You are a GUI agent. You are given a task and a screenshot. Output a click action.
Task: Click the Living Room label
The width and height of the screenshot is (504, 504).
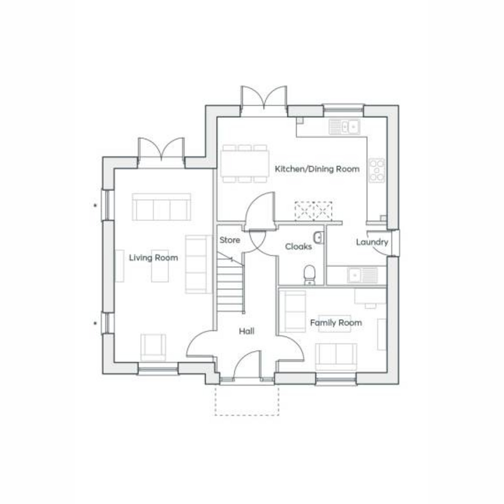click(154, 258)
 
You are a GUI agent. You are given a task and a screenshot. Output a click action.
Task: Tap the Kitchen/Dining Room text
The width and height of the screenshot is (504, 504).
click(317, 169)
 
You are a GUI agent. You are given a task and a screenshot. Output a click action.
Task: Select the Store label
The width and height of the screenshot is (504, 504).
click(230, 240)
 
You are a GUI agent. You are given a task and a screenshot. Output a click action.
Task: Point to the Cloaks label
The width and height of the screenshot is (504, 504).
click(299, 247)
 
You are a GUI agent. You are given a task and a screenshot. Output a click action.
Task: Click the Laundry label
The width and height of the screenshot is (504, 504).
click(372, 242)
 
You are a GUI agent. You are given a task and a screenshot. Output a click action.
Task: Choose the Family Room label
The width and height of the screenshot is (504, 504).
click(336, 323)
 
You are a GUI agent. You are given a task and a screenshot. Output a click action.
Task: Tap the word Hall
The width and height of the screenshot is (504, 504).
click(247, 331)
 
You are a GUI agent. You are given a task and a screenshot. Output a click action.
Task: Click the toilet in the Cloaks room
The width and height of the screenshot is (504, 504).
click(310, 275)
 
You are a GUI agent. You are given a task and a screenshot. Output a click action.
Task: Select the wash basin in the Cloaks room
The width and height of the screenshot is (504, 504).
click(318, 238)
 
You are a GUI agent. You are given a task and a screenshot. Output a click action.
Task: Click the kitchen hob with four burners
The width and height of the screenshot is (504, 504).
click(377, 170)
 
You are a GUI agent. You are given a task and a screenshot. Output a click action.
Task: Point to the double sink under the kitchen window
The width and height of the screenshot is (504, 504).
click(344, 127)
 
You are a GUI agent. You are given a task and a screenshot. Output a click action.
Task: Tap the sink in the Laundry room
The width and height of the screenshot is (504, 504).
click(362, 275)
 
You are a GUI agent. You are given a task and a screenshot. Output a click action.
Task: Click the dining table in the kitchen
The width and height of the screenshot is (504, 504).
click(245, 164)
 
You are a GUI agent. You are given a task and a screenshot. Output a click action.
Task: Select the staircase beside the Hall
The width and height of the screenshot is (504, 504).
click(231, 283)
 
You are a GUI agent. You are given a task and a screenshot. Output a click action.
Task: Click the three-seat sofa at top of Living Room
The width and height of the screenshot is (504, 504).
click(161, 207)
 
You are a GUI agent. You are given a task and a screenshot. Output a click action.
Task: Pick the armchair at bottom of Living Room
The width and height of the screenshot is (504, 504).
click(153, 348)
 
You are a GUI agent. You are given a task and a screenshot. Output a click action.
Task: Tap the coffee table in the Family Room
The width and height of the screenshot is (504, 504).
click(335, 324)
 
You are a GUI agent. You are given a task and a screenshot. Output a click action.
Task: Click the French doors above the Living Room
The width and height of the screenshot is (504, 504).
click(161, 149)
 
